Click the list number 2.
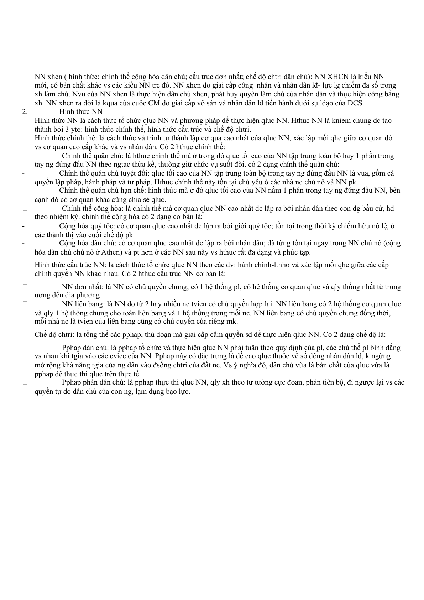25,112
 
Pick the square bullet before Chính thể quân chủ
25,156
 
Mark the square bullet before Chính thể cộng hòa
25,208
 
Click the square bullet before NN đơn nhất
25,287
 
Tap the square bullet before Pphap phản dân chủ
25,382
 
